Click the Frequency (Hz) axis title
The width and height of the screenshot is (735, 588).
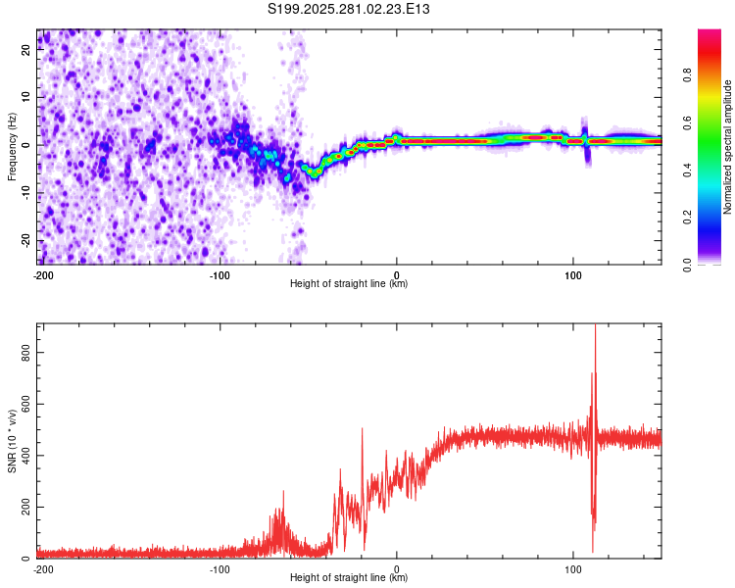tap(12, 146)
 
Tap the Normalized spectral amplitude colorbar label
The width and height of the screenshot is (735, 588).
tap(728, 147)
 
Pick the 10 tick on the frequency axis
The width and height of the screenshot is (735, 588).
tap(26, 98)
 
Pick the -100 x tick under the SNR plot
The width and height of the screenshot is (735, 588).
tap(220, 568)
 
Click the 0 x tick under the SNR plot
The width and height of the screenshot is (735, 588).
tap(397, 568)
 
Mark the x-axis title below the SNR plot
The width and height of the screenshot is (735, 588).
tap(349, 578)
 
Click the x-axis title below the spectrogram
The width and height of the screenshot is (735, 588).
tap(349, 284)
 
